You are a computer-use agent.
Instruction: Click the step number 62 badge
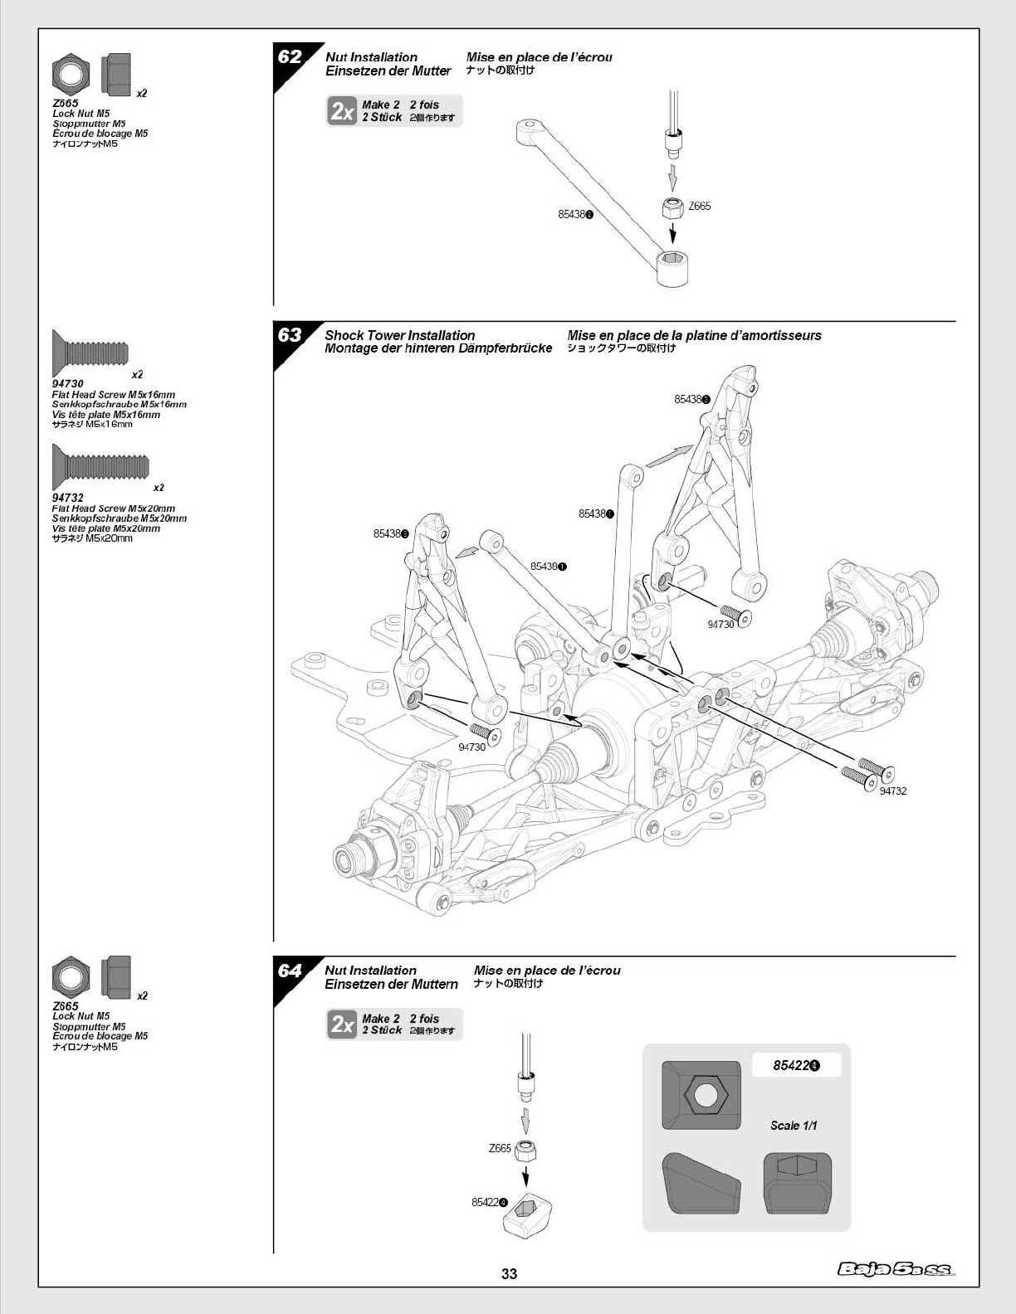290,57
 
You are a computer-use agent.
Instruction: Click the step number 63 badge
290,335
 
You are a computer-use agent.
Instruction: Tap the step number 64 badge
290,971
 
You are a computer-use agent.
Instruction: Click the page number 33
509,1274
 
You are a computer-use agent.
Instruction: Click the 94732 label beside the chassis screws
893,791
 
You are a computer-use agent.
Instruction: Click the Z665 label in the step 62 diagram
700,207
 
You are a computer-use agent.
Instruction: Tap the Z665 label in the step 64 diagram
500,1149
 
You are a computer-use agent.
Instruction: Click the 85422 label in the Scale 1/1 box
795,1066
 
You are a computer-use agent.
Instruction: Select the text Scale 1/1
794,1126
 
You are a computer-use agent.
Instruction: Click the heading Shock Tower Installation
400,335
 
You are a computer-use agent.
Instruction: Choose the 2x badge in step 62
342,111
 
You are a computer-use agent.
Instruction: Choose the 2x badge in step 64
342,1024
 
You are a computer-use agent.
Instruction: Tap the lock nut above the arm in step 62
673,207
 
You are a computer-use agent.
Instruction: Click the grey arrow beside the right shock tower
669,455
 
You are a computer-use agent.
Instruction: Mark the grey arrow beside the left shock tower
469,551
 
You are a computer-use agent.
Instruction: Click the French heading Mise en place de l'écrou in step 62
539,57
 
